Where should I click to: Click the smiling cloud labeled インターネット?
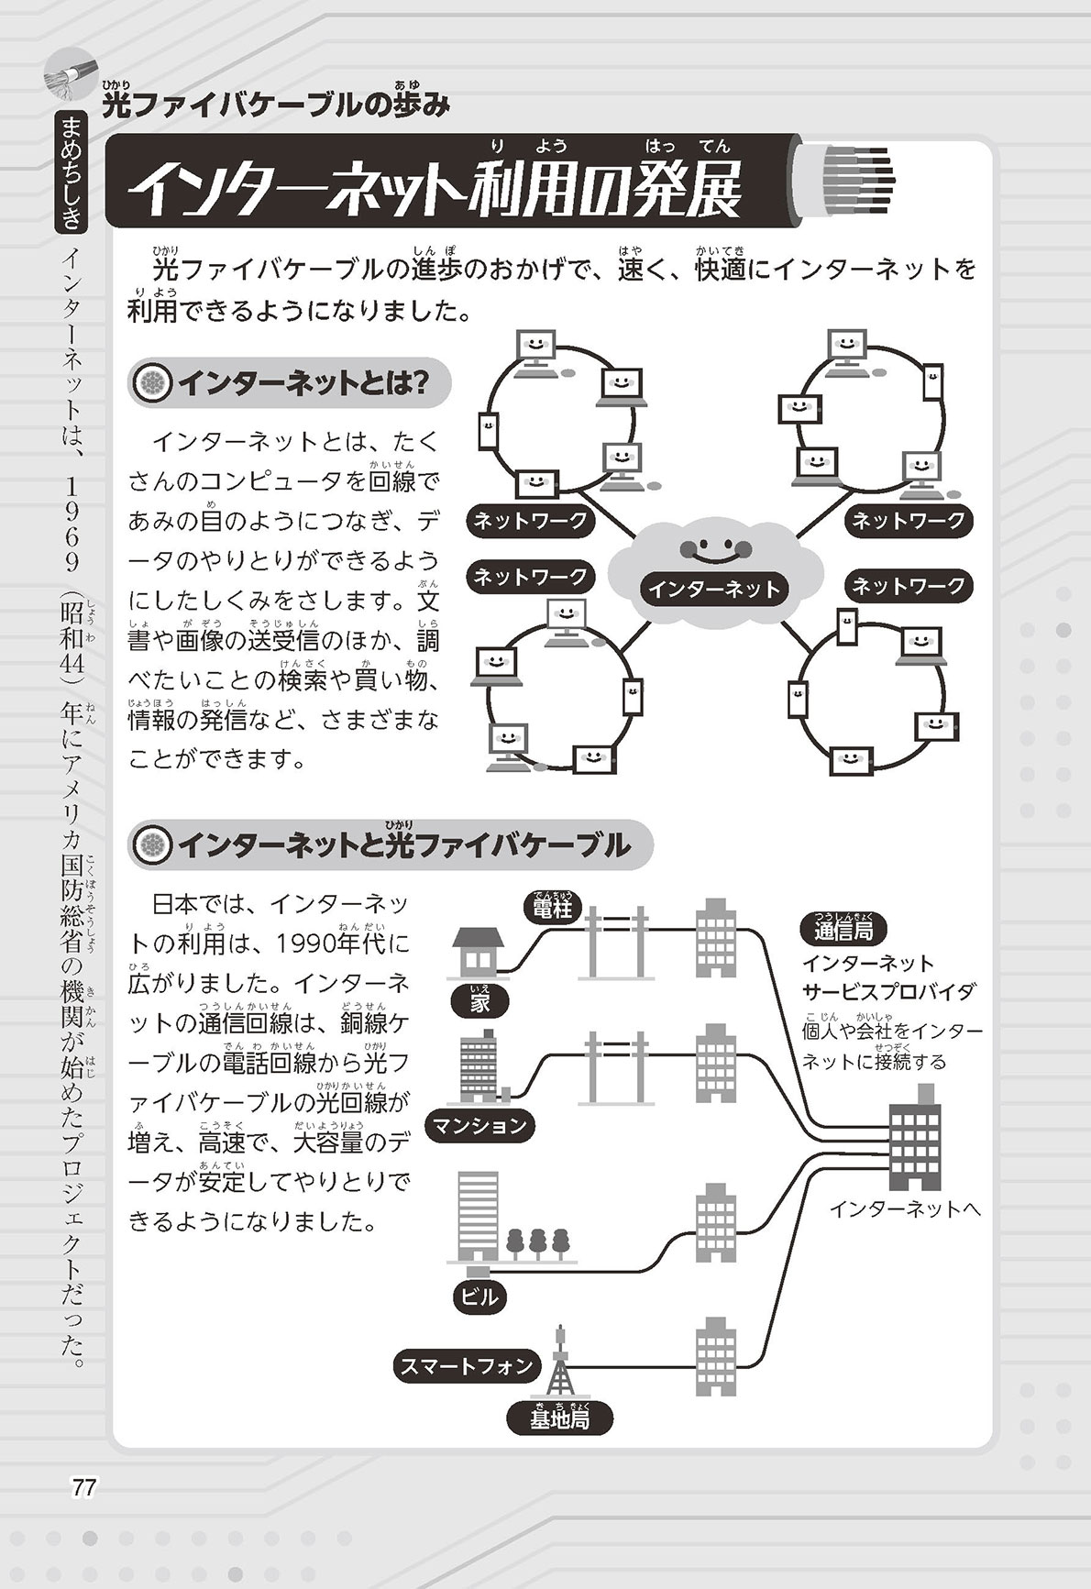713,563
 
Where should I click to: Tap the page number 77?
83,1487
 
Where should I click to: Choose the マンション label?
479,1125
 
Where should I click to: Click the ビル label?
479,1296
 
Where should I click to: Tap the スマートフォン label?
466,1366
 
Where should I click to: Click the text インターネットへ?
904,1208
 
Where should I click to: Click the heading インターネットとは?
291,383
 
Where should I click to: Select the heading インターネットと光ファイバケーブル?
391,844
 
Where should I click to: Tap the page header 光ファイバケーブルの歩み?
275,105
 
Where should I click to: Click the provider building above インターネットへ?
914,1136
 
